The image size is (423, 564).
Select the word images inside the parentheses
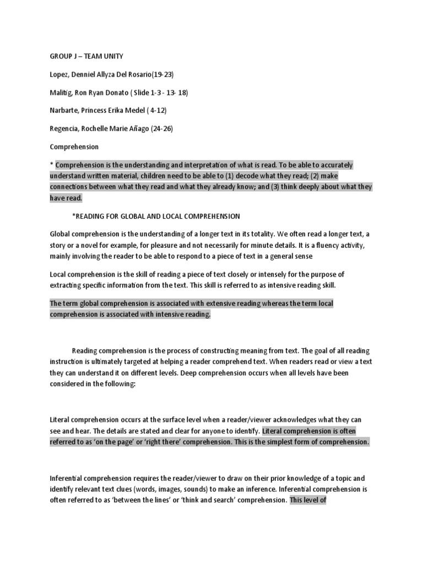tap(181, 489)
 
